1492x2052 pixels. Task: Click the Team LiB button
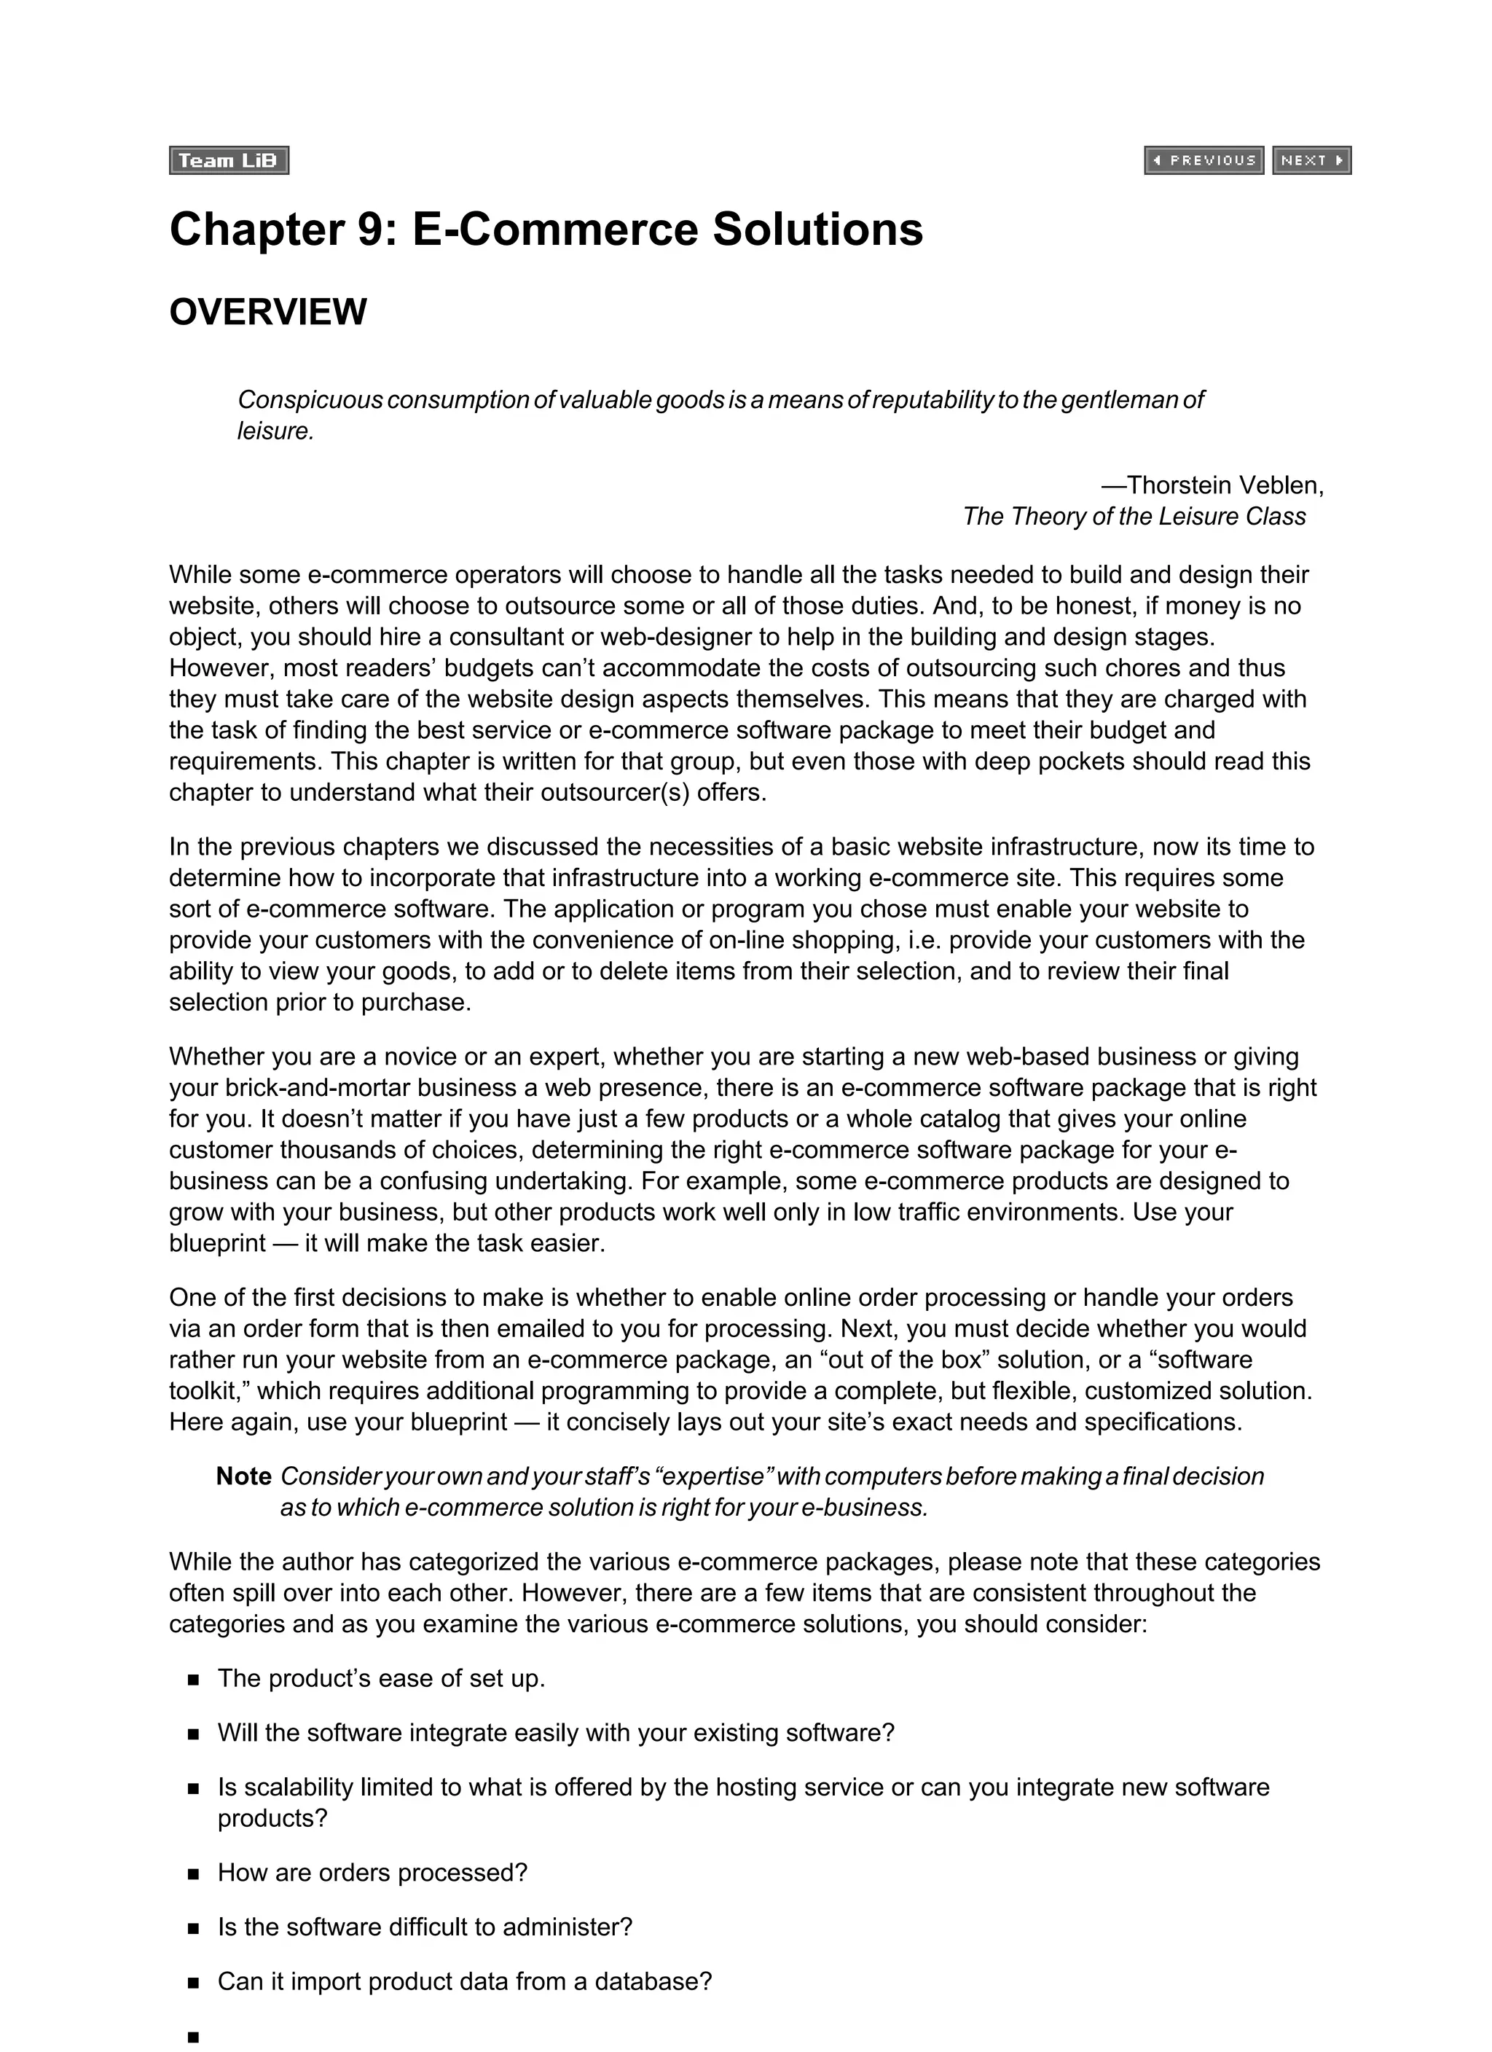pos(228,160)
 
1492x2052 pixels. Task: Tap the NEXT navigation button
pos(1311,160)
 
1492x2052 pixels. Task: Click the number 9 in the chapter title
pos(372,229)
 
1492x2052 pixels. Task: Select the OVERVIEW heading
pos(268,312)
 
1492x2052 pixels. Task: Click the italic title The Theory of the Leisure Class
pos(1134,517)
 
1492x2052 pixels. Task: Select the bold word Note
pos(243,1476)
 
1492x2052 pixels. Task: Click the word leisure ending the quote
pos(273,431)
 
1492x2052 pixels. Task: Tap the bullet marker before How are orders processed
pos(193,1873)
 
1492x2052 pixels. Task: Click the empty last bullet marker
pos(193,2037)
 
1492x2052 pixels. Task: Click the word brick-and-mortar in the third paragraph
pos(318,1089)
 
